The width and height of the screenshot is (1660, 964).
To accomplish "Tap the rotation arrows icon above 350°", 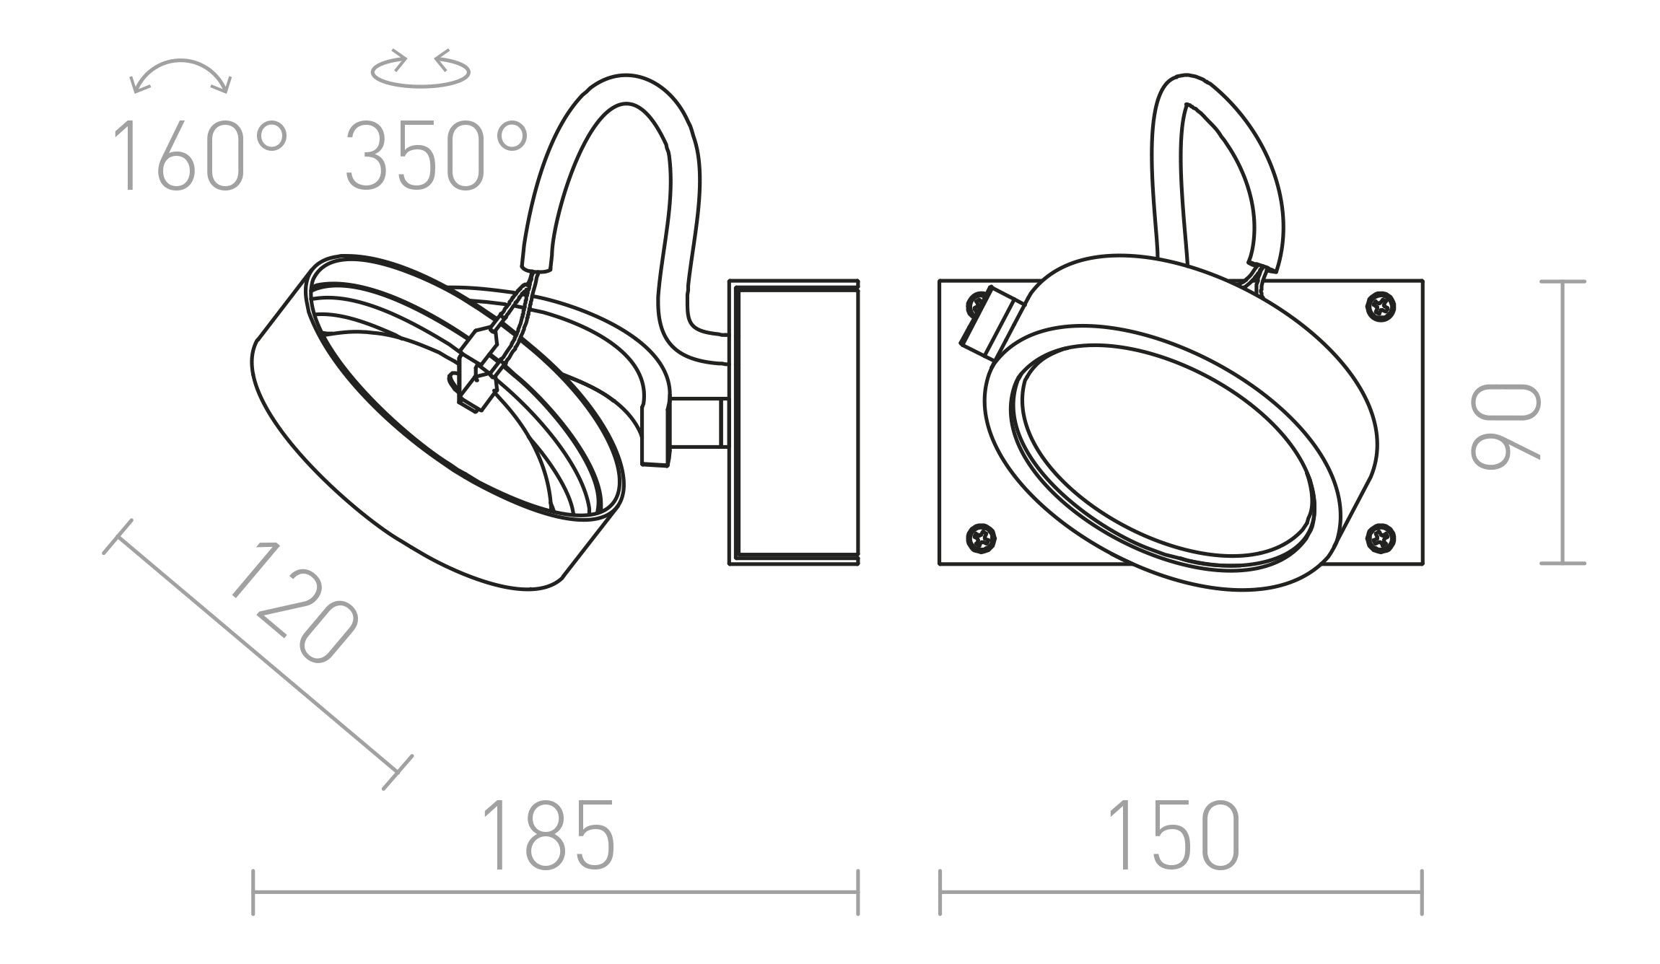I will [420, 69].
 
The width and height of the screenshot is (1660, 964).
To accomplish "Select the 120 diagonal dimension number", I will [294, 605].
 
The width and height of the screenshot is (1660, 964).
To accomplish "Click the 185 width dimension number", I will [549, 834].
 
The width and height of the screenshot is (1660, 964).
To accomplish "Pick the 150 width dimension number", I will [1174, 834].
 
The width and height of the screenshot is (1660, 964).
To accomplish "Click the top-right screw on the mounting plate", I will [1381, 307].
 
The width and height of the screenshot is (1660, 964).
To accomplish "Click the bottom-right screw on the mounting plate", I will [1381, 538].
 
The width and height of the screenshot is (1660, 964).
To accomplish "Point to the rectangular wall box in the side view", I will [794, 422].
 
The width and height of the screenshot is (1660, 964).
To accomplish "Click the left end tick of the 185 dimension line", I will [253, 892].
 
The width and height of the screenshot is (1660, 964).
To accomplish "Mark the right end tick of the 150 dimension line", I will [1422, 892].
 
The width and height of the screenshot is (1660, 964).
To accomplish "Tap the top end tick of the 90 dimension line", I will [1563, 282].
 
